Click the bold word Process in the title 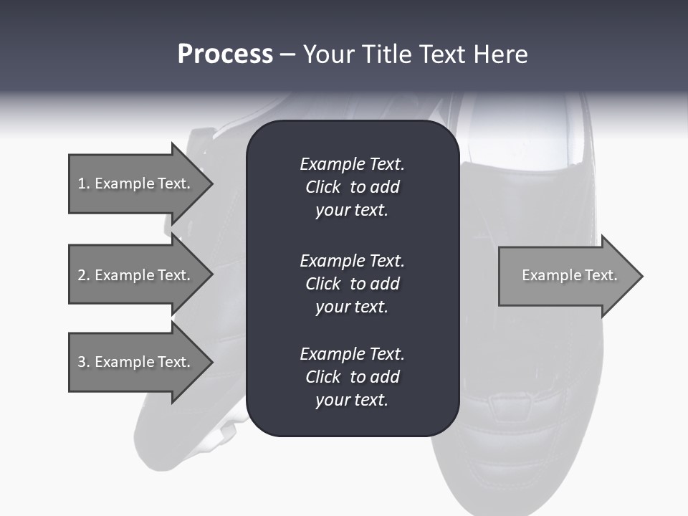tap(225, 54)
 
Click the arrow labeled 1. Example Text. tap(141, 183)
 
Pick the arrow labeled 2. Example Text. tap(141, 274)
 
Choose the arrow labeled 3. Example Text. tap(141, 362)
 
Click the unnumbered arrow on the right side tap(571, 276)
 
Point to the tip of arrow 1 tap(213, 183)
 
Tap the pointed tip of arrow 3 tap(213, 362)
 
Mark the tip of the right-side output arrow tap(643, 276)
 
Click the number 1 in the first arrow tap(81, 183)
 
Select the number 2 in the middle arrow tap(81, 275)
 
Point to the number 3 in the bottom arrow tap(81, 361)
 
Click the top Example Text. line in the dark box tap(352, 164)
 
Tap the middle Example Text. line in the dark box tap(352, 261)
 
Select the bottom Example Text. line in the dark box tap(352, 354)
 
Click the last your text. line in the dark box tap(352, 400)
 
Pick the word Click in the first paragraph tap(323, 187)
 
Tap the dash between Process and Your tap(288, 56)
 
